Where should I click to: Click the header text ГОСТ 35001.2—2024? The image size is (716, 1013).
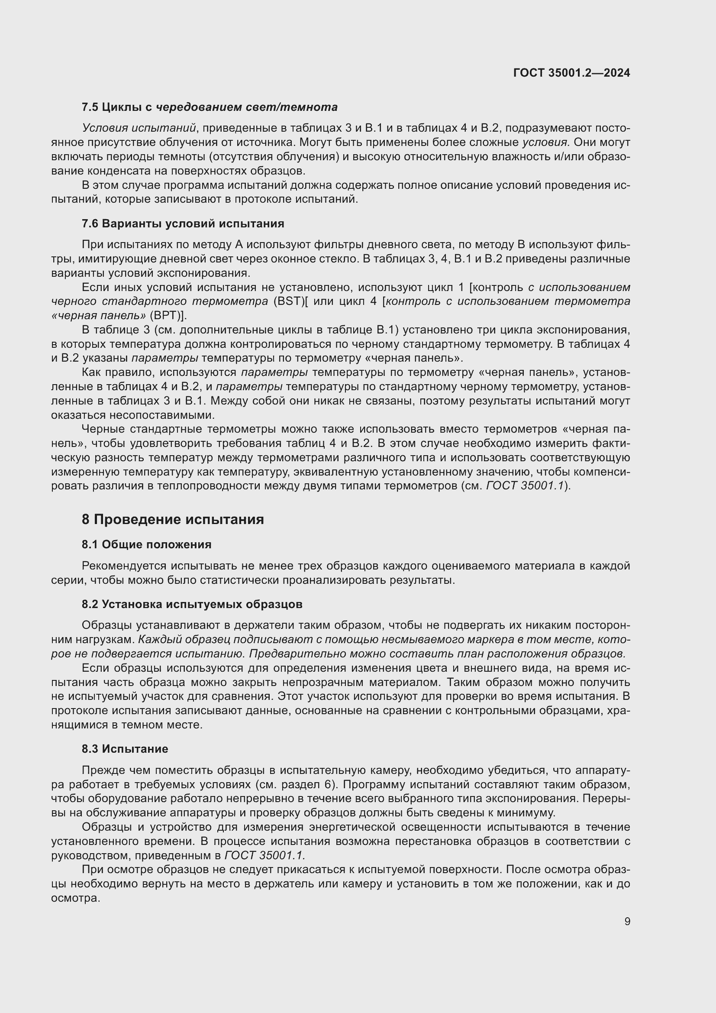coord(571,73)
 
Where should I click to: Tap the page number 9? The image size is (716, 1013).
coord(627,921)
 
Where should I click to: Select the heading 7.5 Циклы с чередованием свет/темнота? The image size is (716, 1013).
coord(210,107)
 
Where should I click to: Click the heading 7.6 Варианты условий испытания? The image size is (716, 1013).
coord(183,223)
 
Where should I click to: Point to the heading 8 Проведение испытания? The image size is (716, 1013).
coord(172,519)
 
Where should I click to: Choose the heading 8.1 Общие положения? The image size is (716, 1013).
coord(146,544)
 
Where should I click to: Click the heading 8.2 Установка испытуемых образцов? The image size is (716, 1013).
coord(192,604)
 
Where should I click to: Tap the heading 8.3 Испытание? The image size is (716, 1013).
coord(125,749)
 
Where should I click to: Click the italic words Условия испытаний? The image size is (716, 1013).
coord(139,128)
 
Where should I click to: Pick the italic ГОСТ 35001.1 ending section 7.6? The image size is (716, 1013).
coord(525,486)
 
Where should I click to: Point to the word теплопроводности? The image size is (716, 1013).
coord(194,486)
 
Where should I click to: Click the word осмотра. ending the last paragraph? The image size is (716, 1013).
coord(76,898)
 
